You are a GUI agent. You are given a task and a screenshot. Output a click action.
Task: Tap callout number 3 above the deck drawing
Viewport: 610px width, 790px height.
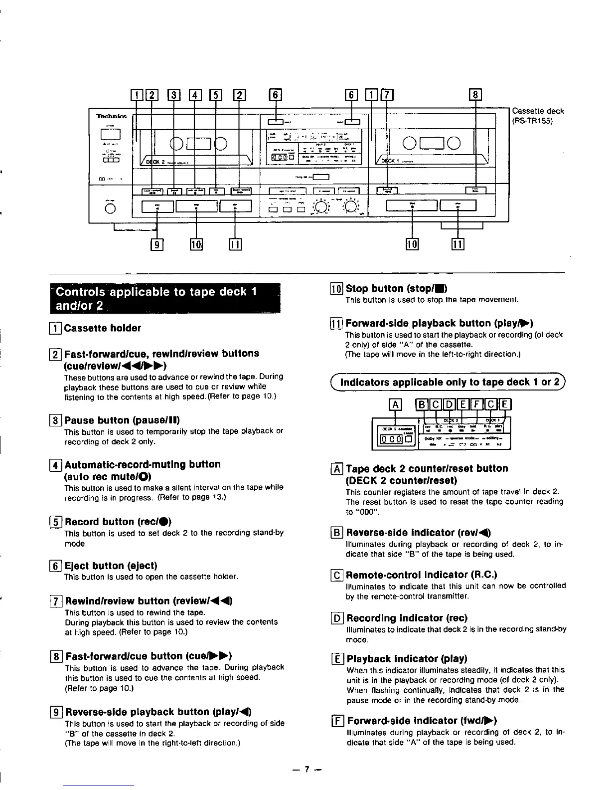(174, 94)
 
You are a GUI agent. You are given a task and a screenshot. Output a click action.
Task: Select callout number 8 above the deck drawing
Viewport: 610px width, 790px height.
(475, 94)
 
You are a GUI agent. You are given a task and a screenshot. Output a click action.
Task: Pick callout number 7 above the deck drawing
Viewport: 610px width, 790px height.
(387, 94)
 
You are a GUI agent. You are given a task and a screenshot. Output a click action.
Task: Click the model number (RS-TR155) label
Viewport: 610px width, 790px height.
(532, 121)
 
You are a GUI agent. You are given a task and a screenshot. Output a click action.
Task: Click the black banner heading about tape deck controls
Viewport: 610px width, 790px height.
(165, 298)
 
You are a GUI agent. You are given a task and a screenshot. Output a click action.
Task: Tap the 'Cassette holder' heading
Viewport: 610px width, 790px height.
(102, 328)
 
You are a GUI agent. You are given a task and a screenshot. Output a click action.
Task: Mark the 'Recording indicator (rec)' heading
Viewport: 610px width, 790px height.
(407, 618)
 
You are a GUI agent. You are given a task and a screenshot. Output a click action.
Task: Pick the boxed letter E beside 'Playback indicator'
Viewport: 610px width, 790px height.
(337, 659)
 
